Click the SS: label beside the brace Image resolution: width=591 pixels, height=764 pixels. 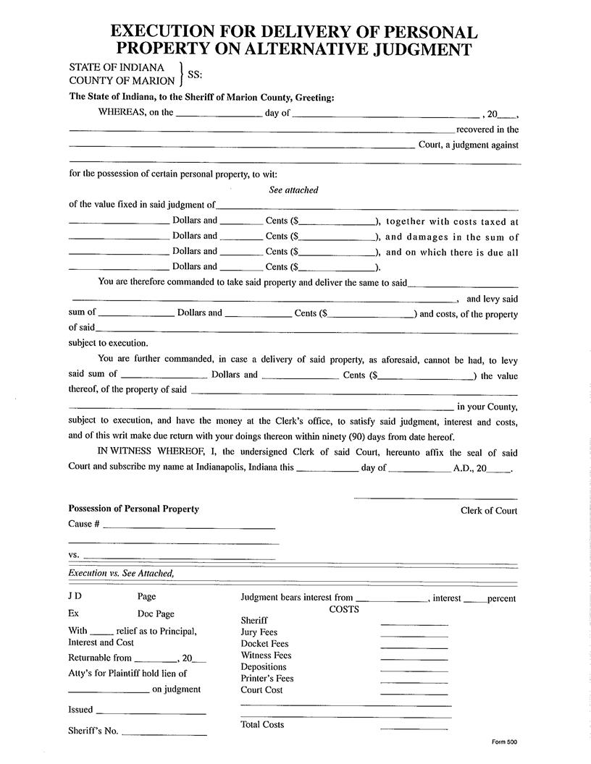195,75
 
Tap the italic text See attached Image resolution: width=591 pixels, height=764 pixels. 293,190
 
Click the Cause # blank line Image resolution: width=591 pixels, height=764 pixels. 189,528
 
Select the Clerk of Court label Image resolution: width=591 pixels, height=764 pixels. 489,511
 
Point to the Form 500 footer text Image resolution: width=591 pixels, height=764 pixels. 504,742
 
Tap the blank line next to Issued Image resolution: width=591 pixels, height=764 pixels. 151,714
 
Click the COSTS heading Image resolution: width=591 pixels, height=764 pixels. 344,609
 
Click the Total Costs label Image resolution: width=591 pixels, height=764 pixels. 262,725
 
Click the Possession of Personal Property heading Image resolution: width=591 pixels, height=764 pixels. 133,509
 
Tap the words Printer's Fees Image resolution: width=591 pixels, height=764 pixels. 267,679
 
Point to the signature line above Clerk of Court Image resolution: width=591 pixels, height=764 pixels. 435,498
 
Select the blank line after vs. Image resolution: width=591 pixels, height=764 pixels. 180,558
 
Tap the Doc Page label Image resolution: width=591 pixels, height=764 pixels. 156,614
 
